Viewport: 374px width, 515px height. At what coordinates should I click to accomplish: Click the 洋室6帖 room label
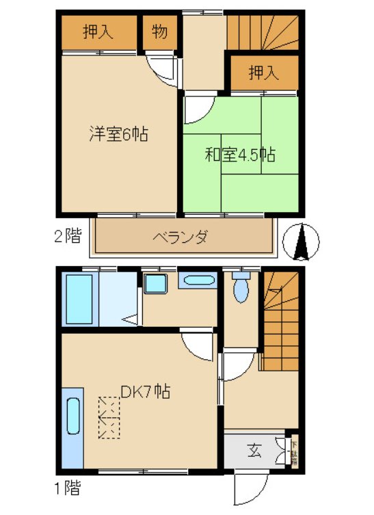coord(118,134)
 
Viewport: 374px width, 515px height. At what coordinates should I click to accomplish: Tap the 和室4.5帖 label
coord(240,155)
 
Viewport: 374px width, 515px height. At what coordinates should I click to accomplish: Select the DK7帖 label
coord(146,392)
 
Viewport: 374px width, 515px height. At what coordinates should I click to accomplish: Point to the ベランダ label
coord(181,237)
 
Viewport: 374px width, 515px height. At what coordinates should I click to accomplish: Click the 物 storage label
coord(159,31)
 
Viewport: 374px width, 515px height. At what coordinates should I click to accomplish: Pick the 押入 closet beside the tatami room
coord(264,73)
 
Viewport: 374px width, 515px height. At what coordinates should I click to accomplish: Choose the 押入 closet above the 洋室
coord(98,31)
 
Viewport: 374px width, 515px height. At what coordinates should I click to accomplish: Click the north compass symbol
coord(302,242)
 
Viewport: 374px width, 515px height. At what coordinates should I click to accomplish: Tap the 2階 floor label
coord(68,237)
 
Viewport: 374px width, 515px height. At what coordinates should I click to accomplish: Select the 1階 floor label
coord(68,488)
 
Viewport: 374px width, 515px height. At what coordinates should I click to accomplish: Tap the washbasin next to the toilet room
coord(199,281)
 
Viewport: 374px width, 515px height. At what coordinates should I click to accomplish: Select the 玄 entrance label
coord(254,451)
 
